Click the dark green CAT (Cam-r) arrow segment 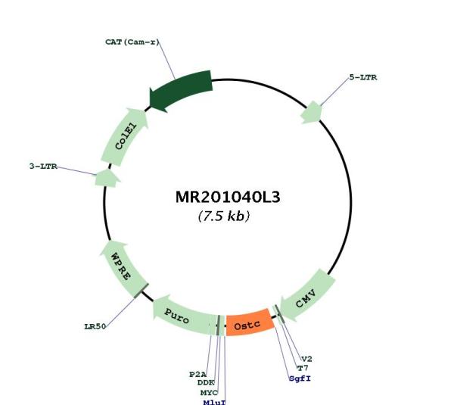(x=180, y=91)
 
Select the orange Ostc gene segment (x=250, y=323)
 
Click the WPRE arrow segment (x=123, y=268)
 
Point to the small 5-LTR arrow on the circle (x=311, y=112)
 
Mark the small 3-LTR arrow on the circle (x=107, y=178)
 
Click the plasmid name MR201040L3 (x=228, y=198)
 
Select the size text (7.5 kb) (x=224, y=216)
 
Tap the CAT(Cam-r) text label (x=132, y=42)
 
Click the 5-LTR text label (x=363, y=77)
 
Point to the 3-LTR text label (x=43, y=167)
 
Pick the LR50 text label (x=95, y=327)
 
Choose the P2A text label (x=197, y=374)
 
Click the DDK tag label (x=206, y=383)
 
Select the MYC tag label (x=209, y=393)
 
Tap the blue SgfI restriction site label (x=300, y=379)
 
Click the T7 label (x=303, y=368)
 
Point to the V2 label (x=307, y=360)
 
